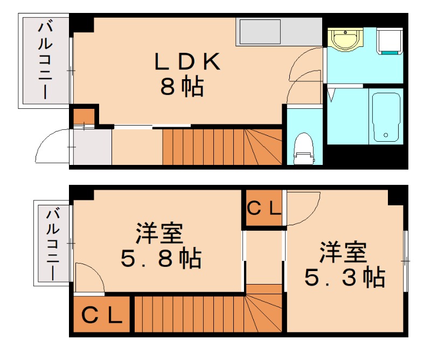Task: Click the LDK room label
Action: pyautogui.click(x=187, y=61)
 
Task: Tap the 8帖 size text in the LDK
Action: pyautogui.click(x=182, y=86)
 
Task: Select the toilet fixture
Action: pyautogui.click(x=304, y=149)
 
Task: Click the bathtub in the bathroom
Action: pyautogui.click(x=386, y=117)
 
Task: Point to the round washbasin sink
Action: pyautogui.click(x=345, y=39)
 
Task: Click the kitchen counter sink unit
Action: pyautogui.click(x=279, y=32)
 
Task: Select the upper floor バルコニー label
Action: pyautogui.click(x=45, y=60)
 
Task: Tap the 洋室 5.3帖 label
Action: pyautogui.click(x=345, y=264)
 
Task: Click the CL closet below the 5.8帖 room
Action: pyautogui.click(x=102, y=314)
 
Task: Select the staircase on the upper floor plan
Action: pyautogui.click(x=223, y=147)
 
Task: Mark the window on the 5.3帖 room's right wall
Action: pyautogui.click(x=406, y=261)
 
